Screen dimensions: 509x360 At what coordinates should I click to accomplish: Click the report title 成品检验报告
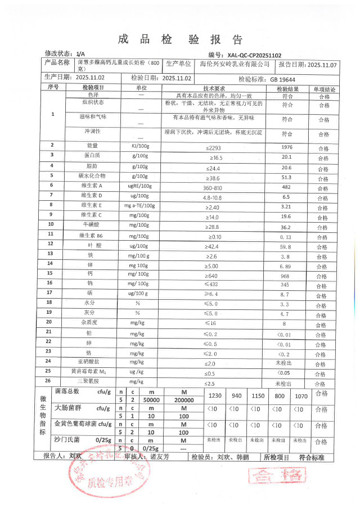click(x=180, y=39)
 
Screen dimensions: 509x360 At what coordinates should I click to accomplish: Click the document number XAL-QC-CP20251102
click(x=254, y=55)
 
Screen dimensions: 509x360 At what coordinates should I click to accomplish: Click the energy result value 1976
click(x=287, y=146)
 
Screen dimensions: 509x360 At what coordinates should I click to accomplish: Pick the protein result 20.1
click(x=287, y=156)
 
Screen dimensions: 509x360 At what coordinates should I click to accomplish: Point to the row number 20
click(x=52, y=322)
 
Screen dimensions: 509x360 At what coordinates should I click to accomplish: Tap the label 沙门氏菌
click(x=66, y=437)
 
